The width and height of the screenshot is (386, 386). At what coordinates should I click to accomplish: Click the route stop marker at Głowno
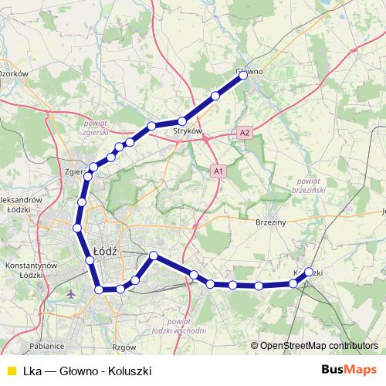point(243,76)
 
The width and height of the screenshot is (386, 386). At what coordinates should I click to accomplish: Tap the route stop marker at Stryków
point(182,121)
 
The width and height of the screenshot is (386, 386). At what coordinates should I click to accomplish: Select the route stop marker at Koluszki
point(309,272)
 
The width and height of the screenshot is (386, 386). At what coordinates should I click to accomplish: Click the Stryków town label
point(189,132)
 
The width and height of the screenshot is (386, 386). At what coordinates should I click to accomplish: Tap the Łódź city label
point(103,250)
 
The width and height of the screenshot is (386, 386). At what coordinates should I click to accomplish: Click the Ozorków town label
point(14,73)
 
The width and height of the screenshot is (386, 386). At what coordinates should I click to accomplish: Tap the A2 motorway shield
point(245,133)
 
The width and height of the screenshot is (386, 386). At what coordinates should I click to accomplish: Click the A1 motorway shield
point(218,171)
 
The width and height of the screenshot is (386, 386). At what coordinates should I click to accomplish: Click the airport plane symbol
point(72,294)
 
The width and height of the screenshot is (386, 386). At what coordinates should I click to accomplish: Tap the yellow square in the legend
point(9,370)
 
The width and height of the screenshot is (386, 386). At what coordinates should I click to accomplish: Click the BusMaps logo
point(349,369)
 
